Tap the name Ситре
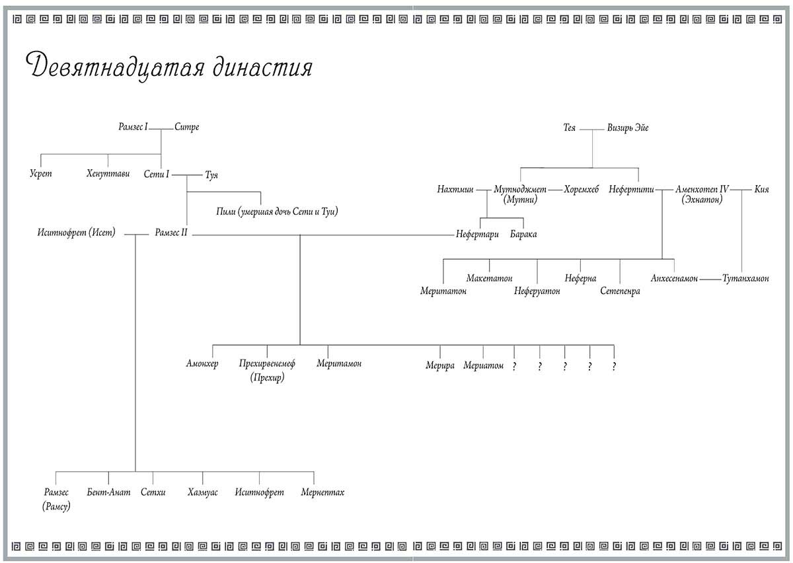tap(187, 127)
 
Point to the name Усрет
tap(41, 174)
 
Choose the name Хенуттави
tap(108, 174)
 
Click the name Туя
tap(211, 175)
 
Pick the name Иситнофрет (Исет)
tap(77, 233)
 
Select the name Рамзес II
tap(171, 233)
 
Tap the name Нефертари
tap(477, 234)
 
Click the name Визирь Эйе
tap(628, 128)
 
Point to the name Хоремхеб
tap(582, 190)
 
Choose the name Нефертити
tap(631, 190)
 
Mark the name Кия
tap(761, 190)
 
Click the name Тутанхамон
tap(746, 279)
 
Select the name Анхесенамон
tap(674, 279)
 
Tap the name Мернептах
tap(322, 492)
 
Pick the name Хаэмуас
tap(202, 492)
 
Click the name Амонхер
tap(202, 364)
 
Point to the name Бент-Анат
tap(109, 492)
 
